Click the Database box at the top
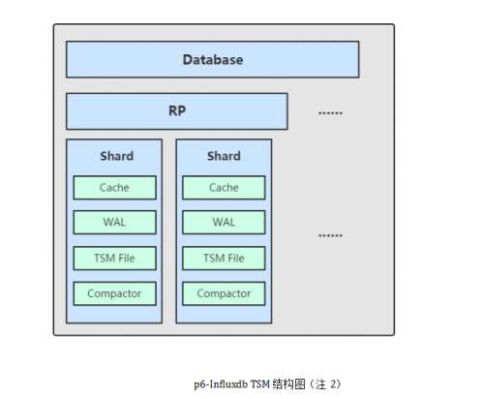[212, 59]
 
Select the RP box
[177, 111]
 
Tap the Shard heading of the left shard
[117, 156]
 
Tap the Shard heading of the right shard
[224, 156]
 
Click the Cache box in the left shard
[114, 188]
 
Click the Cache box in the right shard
[224, 188]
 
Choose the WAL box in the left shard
[114, 223]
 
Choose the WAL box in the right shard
[224, 223]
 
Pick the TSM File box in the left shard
[114, 259]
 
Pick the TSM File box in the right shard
[224, 259]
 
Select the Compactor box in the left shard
[114, 293]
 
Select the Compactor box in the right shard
[224, 293]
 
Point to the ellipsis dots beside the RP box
[330, 113]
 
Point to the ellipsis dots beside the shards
[330, 235]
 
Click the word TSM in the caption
[260, 384]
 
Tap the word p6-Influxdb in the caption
[221, 384]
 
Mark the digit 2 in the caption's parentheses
[333, 384]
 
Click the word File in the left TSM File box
[127, 259]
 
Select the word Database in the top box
[213, 60]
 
